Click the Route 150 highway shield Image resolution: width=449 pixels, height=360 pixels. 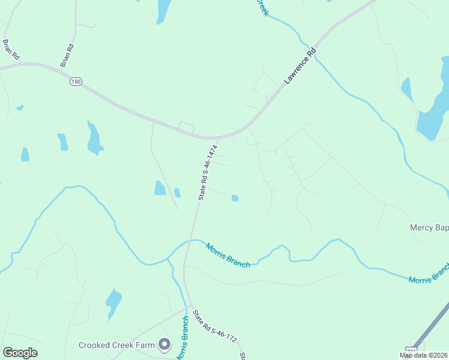click(75, 82)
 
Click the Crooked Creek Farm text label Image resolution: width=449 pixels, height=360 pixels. click(116, 345)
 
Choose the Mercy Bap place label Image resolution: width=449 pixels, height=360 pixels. click(429, 228)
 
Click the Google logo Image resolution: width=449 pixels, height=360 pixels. click(20, 353)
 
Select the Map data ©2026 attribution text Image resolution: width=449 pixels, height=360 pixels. click(424, 355)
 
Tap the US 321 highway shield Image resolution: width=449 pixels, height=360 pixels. click(411, 350)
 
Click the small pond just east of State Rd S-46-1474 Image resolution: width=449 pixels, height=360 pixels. click(235, 198)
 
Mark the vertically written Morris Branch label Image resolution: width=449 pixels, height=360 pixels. click(183, 337)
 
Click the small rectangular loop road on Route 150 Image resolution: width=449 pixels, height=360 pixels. click(187, 127)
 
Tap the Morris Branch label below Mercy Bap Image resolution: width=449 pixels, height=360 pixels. click(428, 273)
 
